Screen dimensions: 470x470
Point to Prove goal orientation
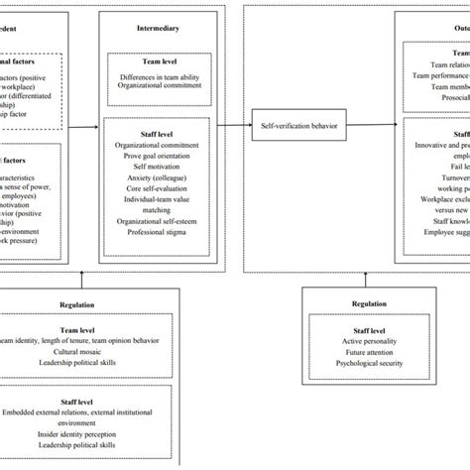pos(157,154)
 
